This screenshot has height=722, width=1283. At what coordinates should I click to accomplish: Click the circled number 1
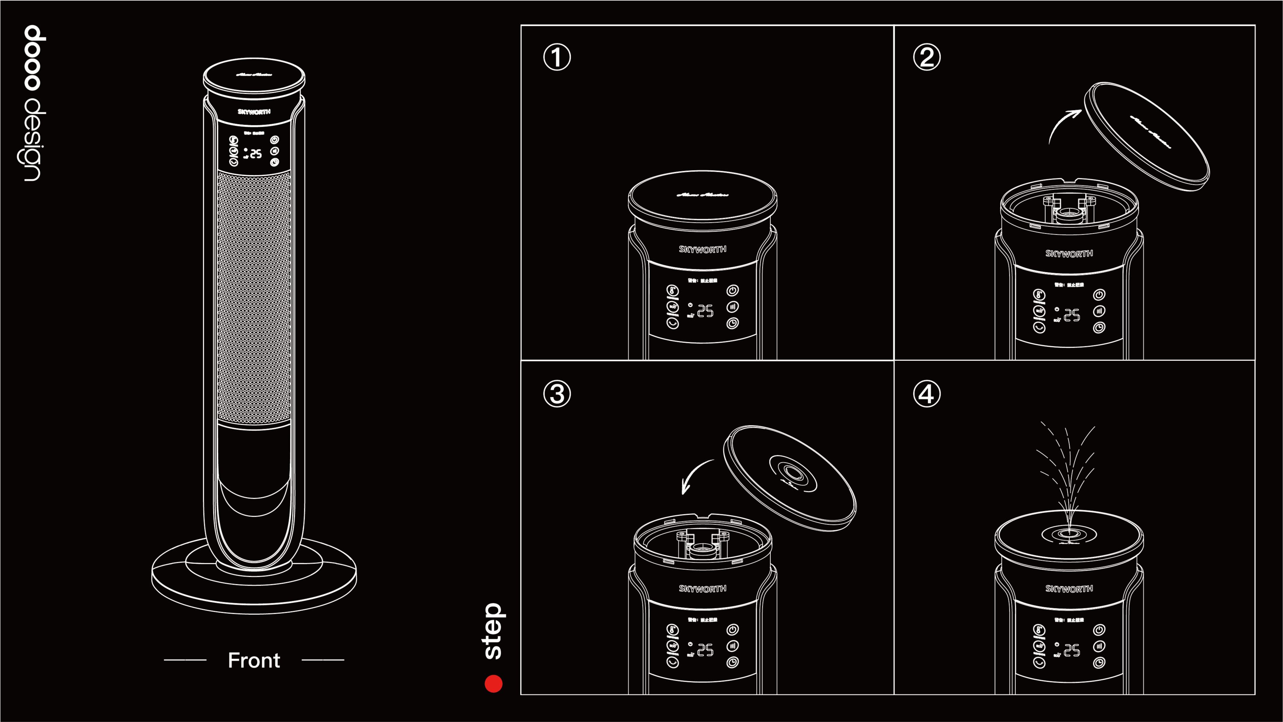pyautogui.click(x=557, y=57)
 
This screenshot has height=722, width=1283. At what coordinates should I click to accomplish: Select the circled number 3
pyautogui.click(x=557, y=394)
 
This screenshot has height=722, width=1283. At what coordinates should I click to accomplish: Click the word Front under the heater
pyautogui.click(x=254, y=660)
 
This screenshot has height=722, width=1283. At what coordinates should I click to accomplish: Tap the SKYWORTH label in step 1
pyautogui.click(x=702, y=249)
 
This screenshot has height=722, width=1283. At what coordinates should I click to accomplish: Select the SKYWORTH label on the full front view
pyautogui.click(x=254, y=112)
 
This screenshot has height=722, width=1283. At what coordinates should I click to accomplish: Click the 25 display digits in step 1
pyautogui.click(x=705, y=311)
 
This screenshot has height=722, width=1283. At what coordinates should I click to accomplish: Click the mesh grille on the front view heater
pyautogui.click(x=254, y=296)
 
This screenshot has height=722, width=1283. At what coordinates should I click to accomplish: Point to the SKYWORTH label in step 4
pyautogui.click(x=1069, y=589)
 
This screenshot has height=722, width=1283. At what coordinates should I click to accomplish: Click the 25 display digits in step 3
pyautogui.click(x=705, y=650)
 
